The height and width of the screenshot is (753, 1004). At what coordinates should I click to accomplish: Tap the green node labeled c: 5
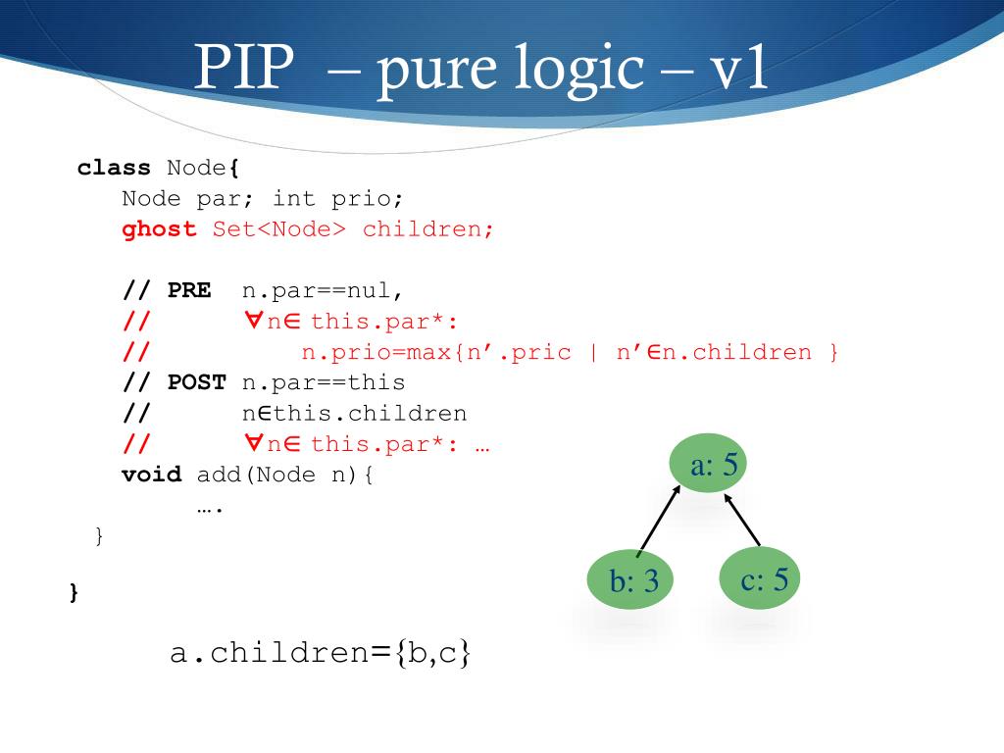click(760, 578)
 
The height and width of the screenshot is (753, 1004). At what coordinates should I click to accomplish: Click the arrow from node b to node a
click(659, 520)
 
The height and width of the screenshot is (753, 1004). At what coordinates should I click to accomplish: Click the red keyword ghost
click(159, 229)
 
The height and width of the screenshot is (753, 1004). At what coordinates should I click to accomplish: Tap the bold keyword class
click(114, 168)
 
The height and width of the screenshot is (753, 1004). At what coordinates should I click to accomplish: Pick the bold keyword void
click(151, 476)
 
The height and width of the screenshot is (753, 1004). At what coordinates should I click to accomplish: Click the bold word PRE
click(189, 291)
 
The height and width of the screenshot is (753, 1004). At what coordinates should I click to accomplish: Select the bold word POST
click(196, 382)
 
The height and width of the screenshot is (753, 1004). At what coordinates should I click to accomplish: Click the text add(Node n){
click(285, 476)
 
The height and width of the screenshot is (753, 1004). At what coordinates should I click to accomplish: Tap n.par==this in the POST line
click(324, 382)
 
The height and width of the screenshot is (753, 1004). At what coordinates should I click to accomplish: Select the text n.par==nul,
click(323, 291)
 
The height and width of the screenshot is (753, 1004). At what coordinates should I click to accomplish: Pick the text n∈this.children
click(354, 414)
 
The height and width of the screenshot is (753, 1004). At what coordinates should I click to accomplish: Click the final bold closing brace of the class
click(75, 592)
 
